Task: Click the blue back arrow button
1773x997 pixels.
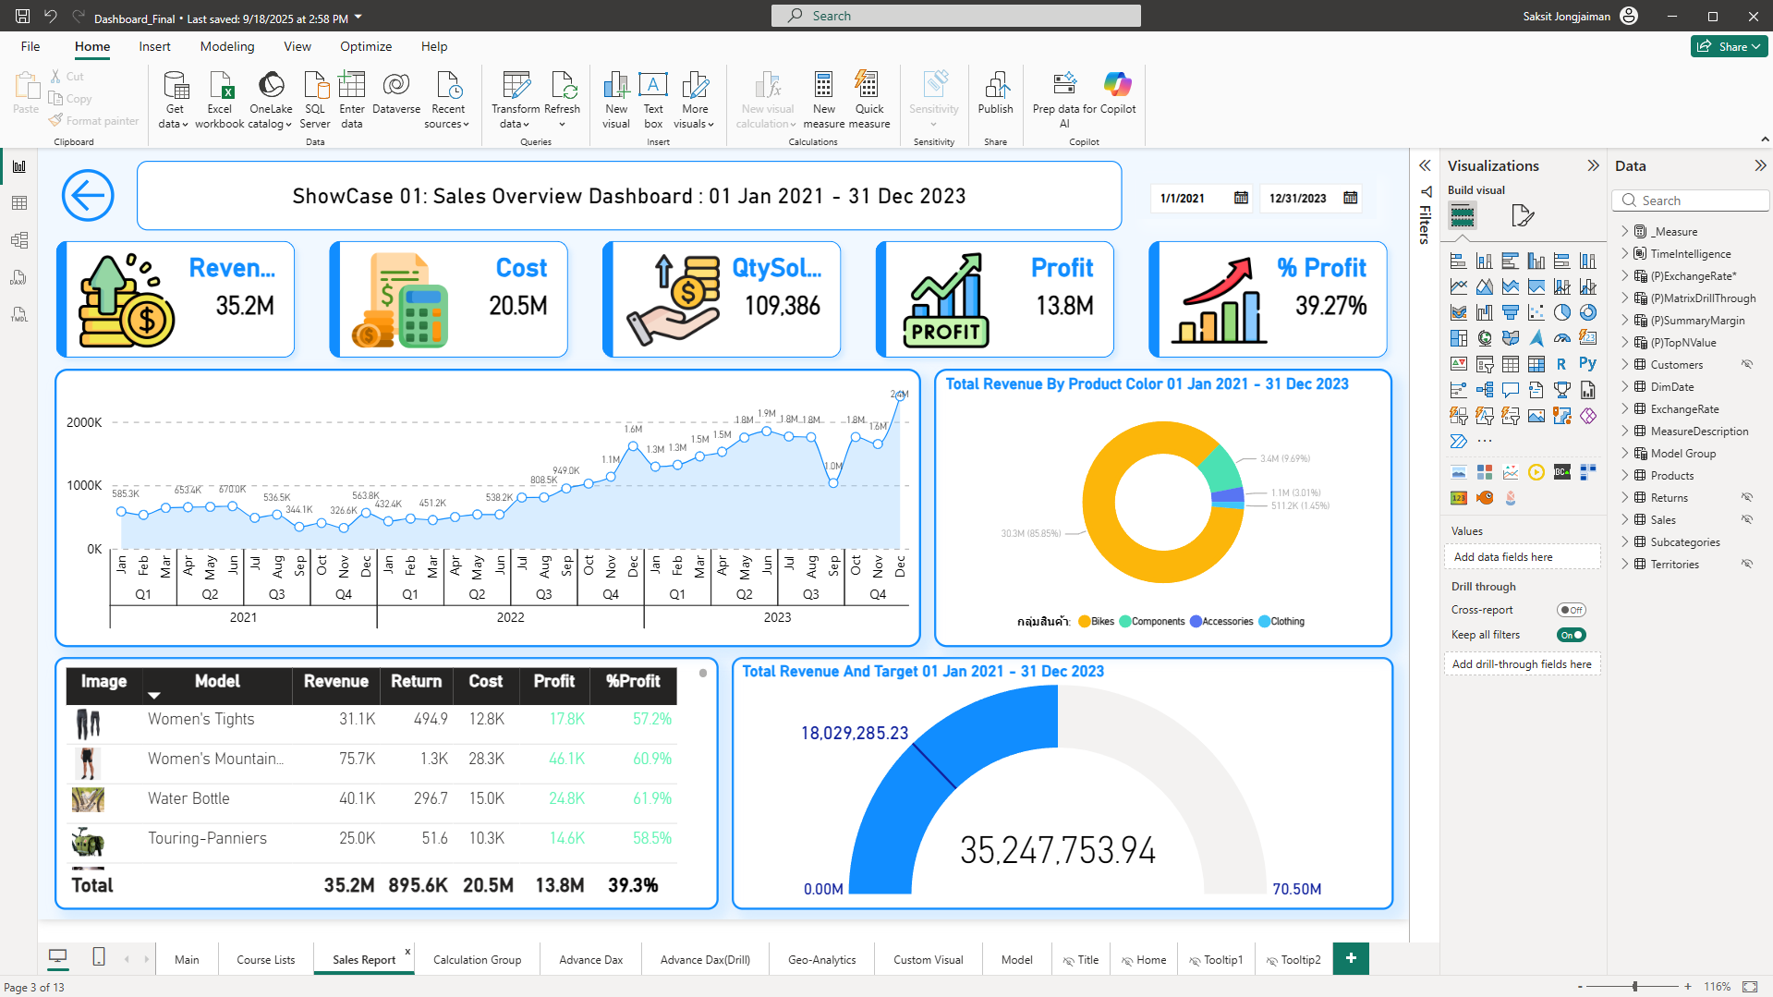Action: (x=88, y=196)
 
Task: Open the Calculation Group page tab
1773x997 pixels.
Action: (x=477, y=959)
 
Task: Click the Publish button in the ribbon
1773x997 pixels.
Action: (x=995, y=94)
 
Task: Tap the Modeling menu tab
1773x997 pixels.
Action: (x=226, y=46)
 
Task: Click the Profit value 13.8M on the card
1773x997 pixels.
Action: (x=1064, y=306)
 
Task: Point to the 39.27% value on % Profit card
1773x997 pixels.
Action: (x=1330, y=306)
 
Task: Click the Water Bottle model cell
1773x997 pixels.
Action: (x=188, y=798)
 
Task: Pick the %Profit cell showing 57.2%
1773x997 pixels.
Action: (x=651, y=719)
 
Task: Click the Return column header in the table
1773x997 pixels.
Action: (x=416, y=681)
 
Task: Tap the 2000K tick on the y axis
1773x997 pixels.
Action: (x=84, y=422)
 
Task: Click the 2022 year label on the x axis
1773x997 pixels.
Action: (x=510, y=617)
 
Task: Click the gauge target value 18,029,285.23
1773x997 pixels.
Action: (x=855, y=733)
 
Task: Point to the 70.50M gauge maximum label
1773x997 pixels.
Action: (x=1296, y=889)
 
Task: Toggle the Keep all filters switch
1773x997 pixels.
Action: (x=1571, y=635)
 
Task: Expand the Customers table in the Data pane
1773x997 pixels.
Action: (x=1625, y=365)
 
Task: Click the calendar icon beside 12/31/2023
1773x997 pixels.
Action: (x=1350, y=198)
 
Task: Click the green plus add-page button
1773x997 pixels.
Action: (x=1351, y=958)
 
